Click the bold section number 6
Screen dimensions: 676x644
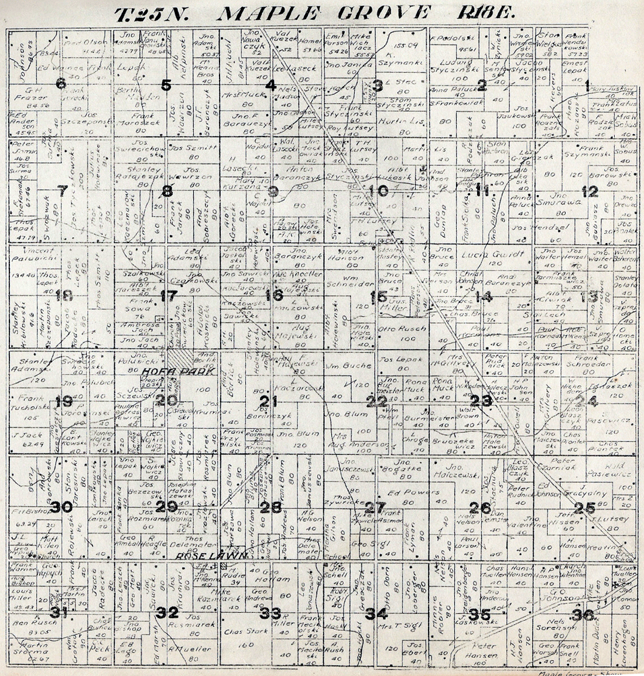pos(60,83)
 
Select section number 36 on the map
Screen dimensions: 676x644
pos(584,614)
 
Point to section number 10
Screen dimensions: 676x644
pos(379,190)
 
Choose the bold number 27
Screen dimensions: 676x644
pos(375,507)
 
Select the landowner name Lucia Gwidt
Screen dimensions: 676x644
pos(484,255)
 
